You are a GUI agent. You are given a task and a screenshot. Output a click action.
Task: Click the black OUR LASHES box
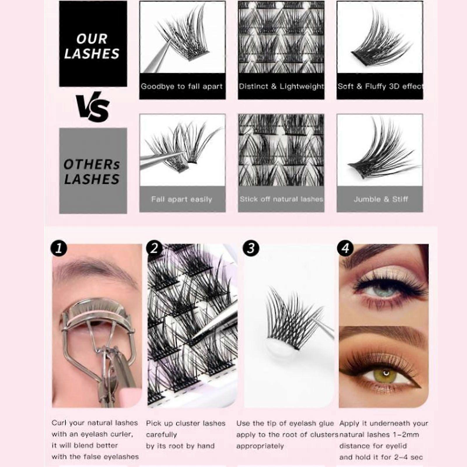93,43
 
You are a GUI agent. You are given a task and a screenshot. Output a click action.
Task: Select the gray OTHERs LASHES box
93,171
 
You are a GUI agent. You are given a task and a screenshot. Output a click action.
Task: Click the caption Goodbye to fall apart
182,86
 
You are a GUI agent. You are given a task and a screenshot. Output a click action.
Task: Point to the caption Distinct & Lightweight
281,86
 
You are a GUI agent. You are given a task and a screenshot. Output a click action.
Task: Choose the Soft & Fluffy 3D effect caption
380,86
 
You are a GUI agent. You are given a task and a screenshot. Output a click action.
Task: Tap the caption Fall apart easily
181,200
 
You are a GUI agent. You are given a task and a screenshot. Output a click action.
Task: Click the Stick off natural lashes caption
281,199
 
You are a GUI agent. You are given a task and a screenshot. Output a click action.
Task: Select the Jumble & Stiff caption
381,199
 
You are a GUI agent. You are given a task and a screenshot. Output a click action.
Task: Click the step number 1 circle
59,248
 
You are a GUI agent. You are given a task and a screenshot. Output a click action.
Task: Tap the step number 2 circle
154,248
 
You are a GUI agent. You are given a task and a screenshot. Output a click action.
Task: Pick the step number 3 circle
251,248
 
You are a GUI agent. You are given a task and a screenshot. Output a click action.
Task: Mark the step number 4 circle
345,248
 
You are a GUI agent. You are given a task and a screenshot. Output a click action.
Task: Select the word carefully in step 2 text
162,435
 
